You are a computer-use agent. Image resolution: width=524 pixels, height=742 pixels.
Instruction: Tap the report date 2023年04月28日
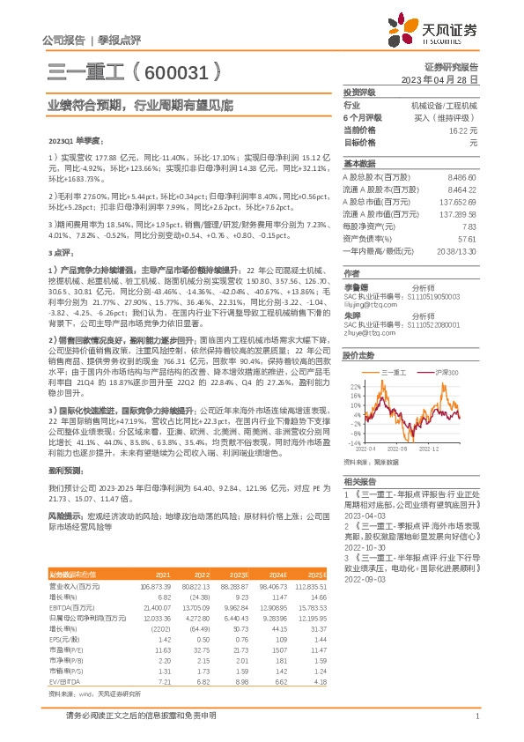(439, 78)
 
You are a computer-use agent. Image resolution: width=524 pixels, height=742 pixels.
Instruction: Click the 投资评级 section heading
(359, 92)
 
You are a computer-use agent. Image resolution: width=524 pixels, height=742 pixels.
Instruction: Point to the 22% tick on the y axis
(356, 387)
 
